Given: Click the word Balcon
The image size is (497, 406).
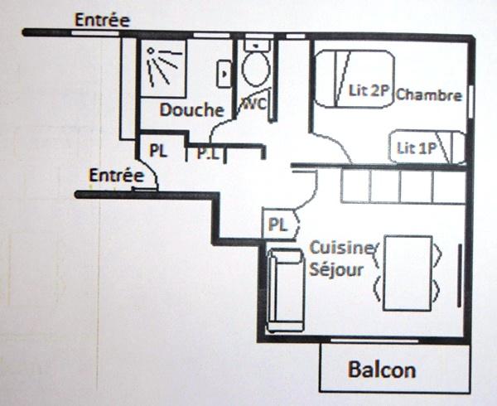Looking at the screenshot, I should tap(382, 369).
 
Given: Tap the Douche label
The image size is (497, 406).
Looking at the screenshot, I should tap(192, 110).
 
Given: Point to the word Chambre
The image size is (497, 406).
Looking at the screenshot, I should tap(428, 94).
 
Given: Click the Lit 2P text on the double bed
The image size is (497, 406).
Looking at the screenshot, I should tap(369, 91).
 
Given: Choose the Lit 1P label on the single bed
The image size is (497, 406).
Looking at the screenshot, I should tap(417, 149).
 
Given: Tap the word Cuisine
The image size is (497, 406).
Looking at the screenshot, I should tap(343, 249).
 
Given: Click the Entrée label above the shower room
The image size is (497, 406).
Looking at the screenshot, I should tap(101, 19).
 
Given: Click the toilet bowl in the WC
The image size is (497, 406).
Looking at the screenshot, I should tap(255, 67).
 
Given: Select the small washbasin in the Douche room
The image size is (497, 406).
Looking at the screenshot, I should tap(224, 73).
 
